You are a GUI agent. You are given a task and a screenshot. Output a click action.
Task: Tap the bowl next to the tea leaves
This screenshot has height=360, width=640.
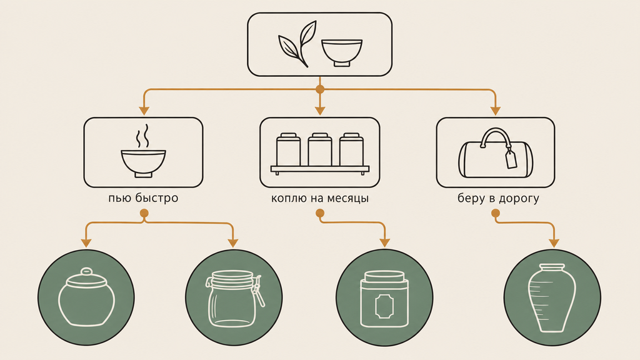(342, 52)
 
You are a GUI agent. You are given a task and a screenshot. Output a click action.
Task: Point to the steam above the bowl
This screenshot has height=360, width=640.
(142, 136)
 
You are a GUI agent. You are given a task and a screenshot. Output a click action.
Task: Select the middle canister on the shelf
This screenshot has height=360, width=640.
(319, 149)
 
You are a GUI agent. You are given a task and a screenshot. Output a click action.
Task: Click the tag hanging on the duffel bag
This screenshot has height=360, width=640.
(511, 159)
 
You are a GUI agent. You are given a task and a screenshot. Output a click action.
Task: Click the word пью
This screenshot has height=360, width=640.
(119, 198)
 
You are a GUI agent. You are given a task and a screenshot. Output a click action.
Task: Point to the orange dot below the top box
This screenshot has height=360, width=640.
(320, 89)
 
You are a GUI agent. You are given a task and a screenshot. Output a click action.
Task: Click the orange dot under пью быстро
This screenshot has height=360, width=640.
(144, 213)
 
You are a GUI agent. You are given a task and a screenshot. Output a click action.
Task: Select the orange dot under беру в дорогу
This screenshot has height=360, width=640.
(496, 213)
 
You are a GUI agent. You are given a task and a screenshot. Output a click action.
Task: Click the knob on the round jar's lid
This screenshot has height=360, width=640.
(86, 271)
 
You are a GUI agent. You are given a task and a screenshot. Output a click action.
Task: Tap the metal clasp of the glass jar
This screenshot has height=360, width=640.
(257, 290)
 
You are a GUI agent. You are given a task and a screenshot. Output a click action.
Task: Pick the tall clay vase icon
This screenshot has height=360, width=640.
(552, 298)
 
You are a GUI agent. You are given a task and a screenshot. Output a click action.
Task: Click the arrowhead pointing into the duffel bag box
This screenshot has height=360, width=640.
(495, 111)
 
